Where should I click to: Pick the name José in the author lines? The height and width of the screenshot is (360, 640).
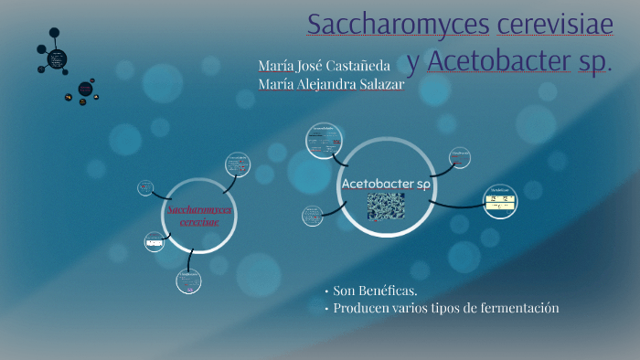tap(307, 66)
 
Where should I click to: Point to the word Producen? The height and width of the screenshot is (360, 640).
tap(363, 309)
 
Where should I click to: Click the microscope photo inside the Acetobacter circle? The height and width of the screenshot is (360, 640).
tap(385, 206)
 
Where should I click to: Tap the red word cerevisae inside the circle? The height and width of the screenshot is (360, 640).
tap(199, 222)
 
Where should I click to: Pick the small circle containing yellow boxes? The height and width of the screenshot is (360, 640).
tap(499, 200)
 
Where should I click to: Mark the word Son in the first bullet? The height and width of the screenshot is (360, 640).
tap(343, 291)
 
